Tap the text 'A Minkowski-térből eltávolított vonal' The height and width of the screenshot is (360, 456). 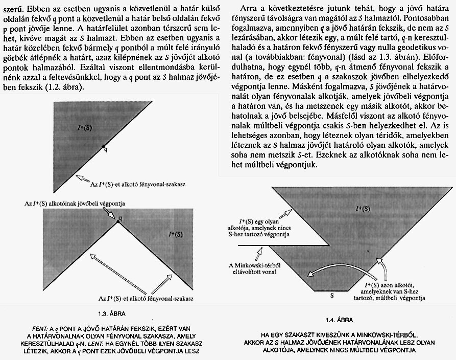tap(255, 267)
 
